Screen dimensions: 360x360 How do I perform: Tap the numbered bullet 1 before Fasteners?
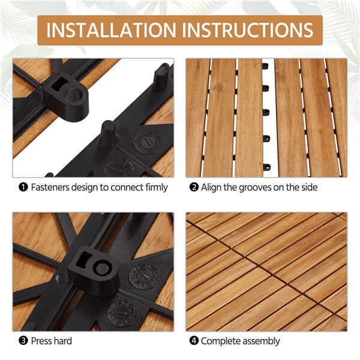[23, 188]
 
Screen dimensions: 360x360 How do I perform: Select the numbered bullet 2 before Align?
[194, 188]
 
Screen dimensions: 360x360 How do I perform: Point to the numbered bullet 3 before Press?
[23, 341]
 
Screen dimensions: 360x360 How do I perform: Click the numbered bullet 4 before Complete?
[194, 341]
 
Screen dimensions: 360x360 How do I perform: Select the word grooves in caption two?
[259, 188]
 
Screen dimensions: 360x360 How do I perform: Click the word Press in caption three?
[42, 341]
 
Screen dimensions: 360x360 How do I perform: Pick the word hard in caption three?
[64, 341]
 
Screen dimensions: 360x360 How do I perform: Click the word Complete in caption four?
[220, 341]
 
